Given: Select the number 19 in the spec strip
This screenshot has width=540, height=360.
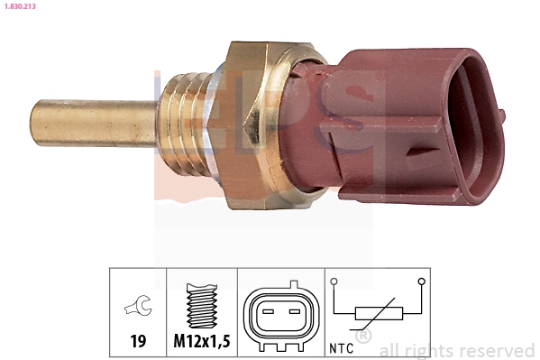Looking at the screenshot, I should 138,343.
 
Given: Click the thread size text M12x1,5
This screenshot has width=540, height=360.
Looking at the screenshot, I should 202,343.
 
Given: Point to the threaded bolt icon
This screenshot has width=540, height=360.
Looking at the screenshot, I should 202,306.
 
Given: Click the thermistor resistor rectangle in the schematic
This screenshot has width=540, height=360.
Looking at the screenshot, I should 378,313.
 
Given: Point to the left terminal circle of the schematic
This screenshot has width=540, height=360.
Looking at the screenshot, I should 335,282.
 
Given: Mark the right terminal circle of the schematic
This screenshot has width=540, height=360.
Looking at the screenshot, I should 421,282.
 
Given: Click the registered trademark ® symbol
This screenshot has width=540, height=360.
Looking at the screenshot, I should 363,337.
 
